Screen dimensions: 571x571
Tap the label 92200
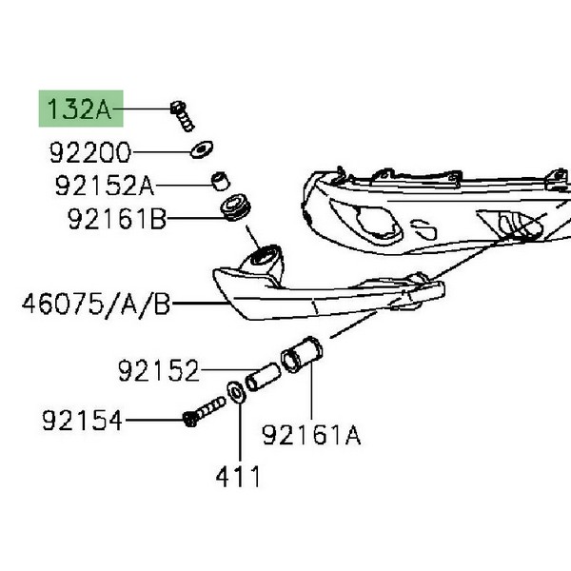tap(90, 152)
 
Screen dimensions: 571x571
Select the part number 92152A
tap(103, 187)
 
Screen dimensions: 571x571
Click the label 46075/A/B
tap(95, 305)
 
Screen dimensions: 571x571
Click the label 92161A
tap(312, 436)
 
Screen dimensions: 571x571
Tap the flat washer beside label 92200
tap(200, 149)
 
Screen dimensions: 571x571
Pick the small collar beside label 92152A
tap(220, 180)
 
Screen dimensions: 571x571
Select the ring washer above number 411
tap(235, 392)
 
